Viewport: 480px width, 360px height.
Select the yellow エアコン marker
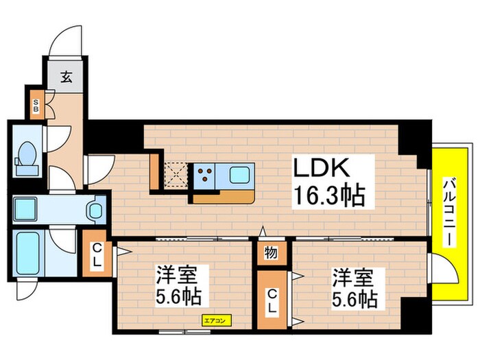[217, 320]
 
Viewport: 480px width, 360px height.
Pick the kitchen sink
[239, 174]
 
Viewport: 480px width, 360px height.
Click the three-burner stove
[204, 174]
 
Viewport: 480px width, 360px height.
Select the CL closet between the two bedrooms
[272, 300]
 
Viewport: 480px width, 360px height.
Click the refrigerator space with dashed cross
[176, 174]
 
